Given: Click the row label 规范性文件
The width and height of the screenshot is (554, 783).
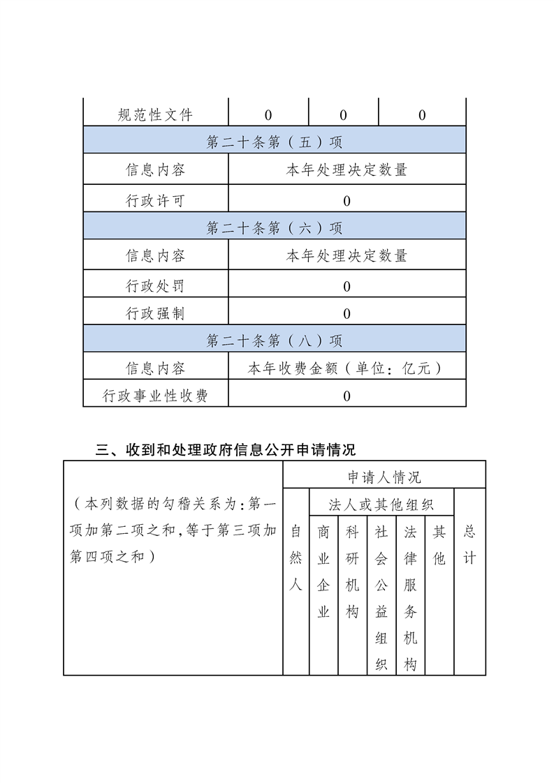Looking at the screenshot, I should pyautogui.click(x=155, y=115).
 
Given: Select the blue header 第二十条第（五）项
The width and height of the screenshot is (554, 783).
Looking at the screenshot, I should pyautogui.click(x=275, y=142).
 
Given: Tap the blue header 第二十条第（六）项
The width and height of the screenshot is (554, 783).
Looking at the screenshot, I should pyautogui.click(x=275, y=228).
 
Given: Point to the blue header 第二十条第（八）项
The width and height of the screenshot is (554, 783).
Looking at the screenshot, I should pyautogui.click(x=275, y=341).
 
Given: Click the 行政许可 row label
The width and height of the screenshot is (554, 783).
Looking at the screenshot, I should pyautogui.click(x=155, y=201).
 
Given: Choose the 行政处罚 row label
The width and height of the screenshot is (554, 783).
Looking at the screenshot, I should pyautogui.click(x=155, y=286).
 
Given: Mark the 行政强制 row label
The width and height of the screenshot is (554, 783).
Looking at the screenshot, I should pyautogui.click(x=155, y=314).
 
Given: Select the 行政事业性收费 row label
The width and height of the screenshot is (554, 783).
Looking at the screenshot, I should pyautogui.click(x=155, y=396).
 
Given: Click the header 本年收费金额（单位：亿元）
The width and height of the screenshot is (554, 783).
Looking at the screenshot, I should pyautogui.click(x=347, y=368).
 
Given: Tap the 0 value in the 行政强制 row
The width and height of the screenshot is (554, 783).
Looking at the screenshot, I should pyautogui.click(x=347, y=314).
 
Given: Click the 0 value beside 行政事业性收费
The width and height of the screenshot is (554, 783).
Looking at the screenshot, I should pyautogui.click(x=347, y=396).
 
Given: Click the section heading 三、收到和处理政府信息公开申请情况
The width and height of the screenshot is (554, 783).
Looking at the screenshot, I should pyautogui.click(x=226, y=449).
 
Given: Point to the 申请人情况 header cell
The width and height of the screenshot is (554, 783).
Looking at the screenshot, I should pyautogui.click(x=384, y=477).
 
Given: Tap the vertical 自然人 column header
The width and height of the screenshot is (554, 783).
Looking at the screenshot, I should pyautogui.click(x=296, y=558).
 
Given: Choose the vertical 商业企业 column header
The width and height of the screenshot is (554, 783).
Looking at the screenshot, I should pyautogui.click(x=323, y=572).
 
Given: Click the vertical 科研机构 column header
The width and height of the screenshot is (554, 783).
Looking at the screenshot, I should pyautogui.click(x=352, y=572).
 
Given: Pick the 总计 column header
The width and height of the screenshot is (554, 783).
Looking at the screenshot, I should pyautogui.click(x=469, y=545).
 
